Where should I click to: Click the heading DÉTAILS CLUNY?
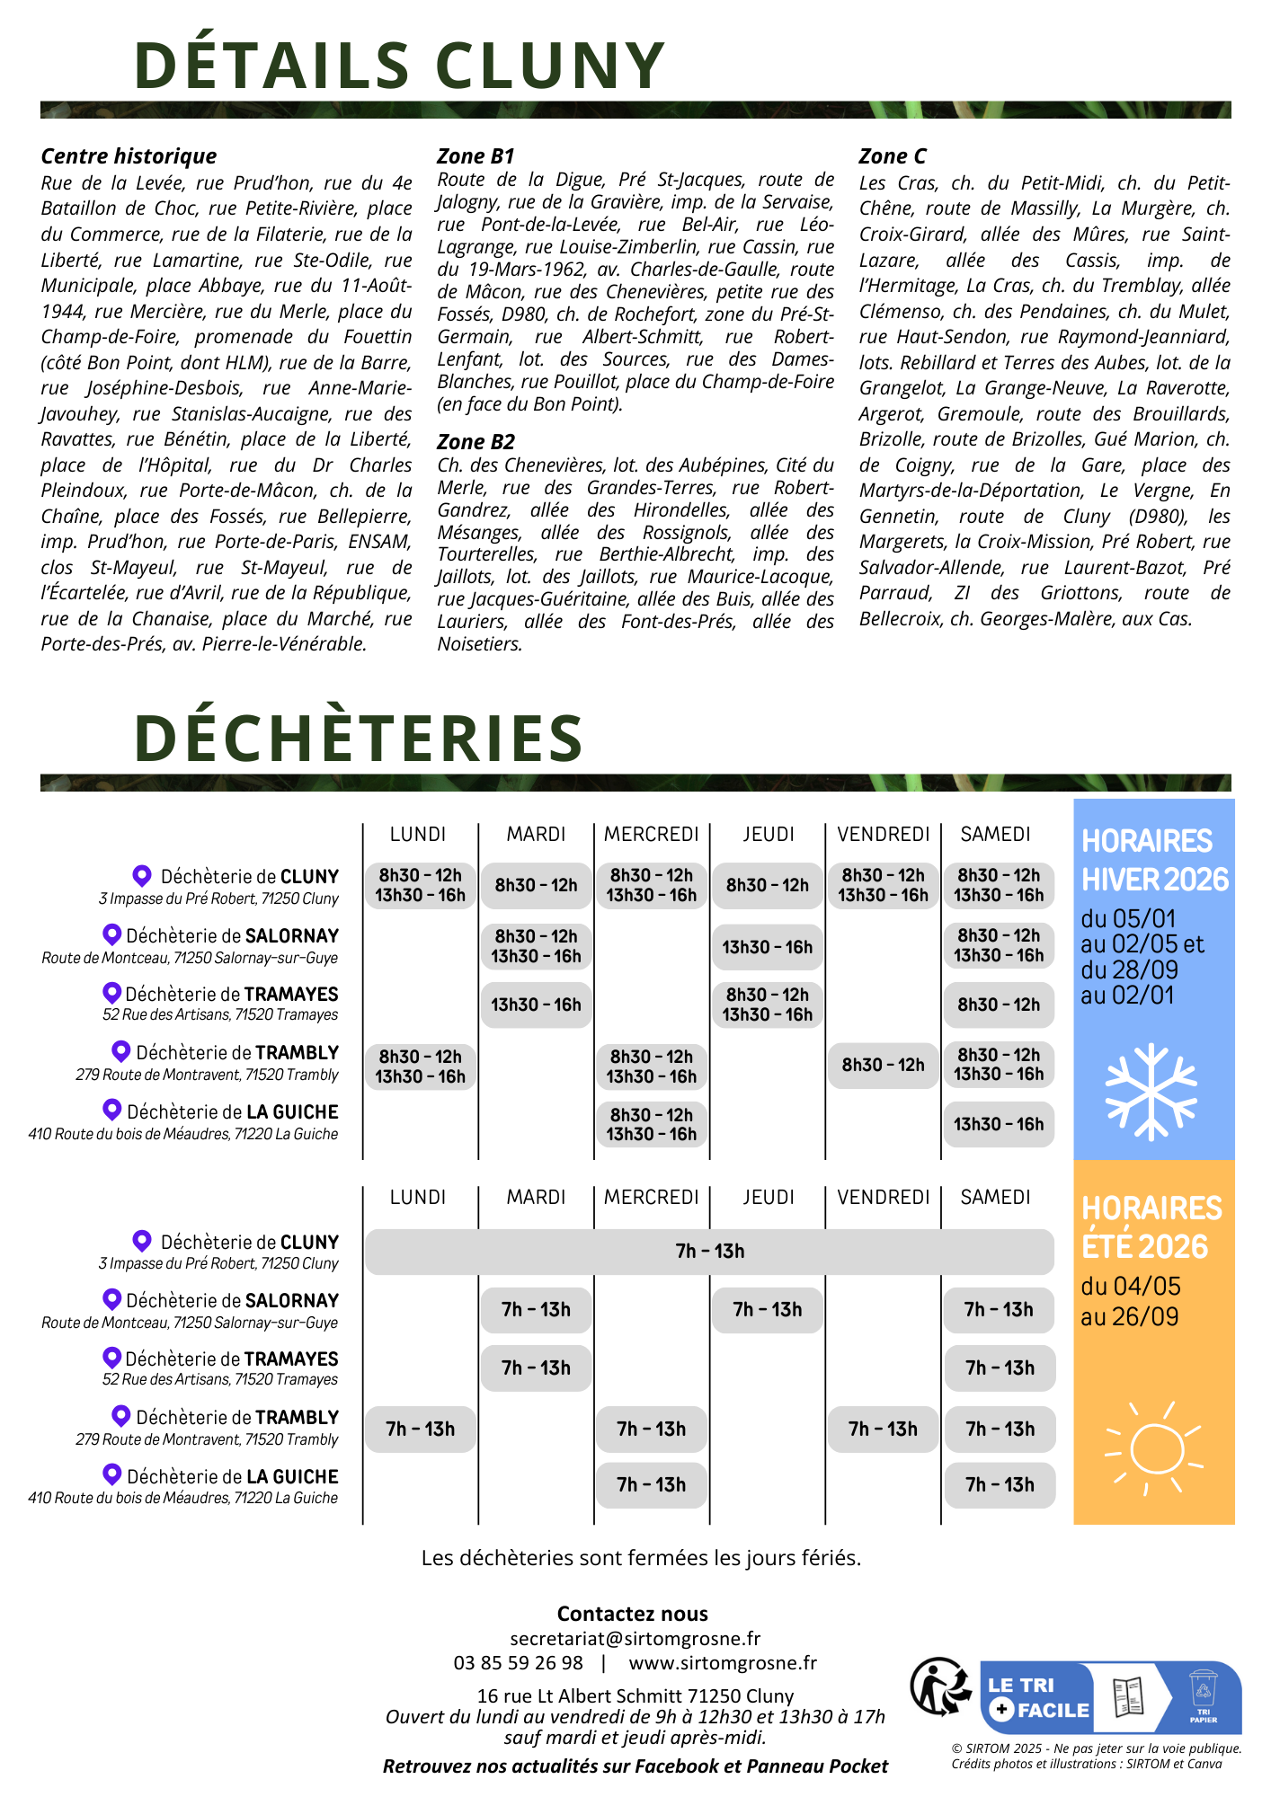[x=399, y=66]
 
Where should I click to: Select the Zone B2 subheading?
[x=476, y=442]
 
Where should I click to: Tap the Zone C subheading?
[x=892, y=156]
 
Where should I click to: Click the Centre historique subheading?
[x=129, y=156]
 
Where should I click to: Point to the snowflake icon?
[x=1151, y=1091]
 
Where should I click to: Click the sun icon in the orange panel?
[x=1154, y=1447]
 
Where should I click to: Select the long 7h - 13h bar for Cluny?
[x=709, y=1252]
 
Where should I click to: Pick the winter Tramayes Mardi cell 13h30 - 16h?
[x=536, y=1005]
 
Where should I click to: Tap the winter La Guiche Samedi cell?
[x=999, y=1124]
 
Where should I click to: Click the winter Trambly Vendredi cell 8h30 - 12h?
[x=883, y=1065]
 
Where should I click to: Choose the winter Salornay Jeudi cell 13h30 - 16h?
[x=767, y=947]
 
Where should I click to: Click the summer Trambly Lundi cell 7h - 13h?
[x=420, y=1429]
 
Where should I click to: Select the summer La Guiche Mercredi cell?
[x=651, y=1484]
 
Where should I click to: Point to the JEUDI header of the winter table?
[x=769, y=834]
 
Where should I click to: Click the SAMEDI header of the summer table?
[x=995, y=1197]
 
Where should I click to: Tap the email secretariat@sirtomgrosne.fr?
[x=635, y=1638]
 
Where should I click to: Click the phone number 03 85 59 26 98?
[x=518, y=1663]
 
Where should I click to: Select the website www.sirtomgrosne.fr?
[x=723, y=1663]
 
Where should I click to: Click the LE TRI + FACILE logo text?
[x=1037, y=1697]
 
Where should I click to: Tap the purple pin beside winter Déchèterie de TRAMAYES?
[x=111, y=993]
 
